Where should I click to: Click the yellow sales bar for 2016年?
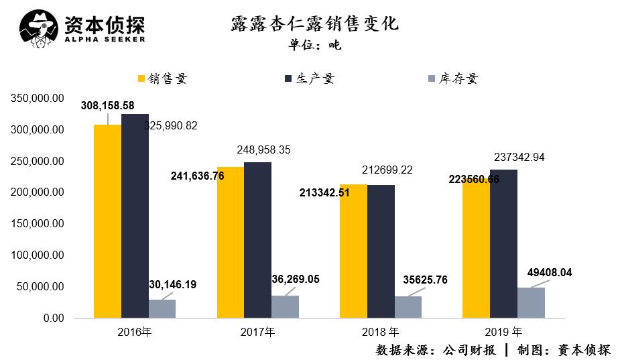(107, 221)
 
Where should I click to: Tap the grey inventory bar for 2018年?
(408, 307)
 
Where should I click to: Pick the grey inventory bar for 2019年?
(531, 302)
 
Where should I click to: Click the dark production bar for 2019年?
(503, 244)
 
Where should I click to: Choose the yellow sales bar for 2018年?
(353, 251)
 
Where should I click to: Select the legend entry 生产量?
(309, 78)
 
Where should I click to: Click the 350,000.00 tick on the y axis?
(38, 99)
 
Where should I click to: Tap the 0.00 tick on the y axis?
(53, 318)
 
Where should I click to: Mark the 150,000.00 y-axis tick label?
(38, 224)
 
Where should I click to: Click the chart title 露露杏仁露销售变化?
(314, 24)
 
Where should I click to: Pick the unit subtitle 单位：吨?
(314, 46)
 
